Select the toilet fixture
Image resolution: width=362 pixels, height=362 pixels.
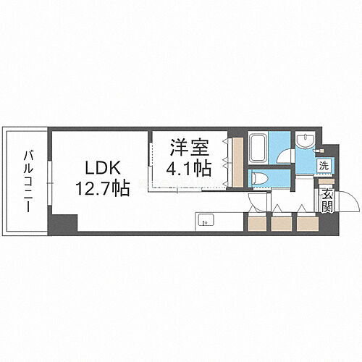[x=261, y=177]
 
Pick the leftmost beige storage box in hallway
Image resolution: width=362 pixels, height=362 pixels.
[x=256, y=222]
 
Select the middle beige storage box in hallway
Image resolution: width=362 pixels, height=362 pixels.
[x=280, y=222]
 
